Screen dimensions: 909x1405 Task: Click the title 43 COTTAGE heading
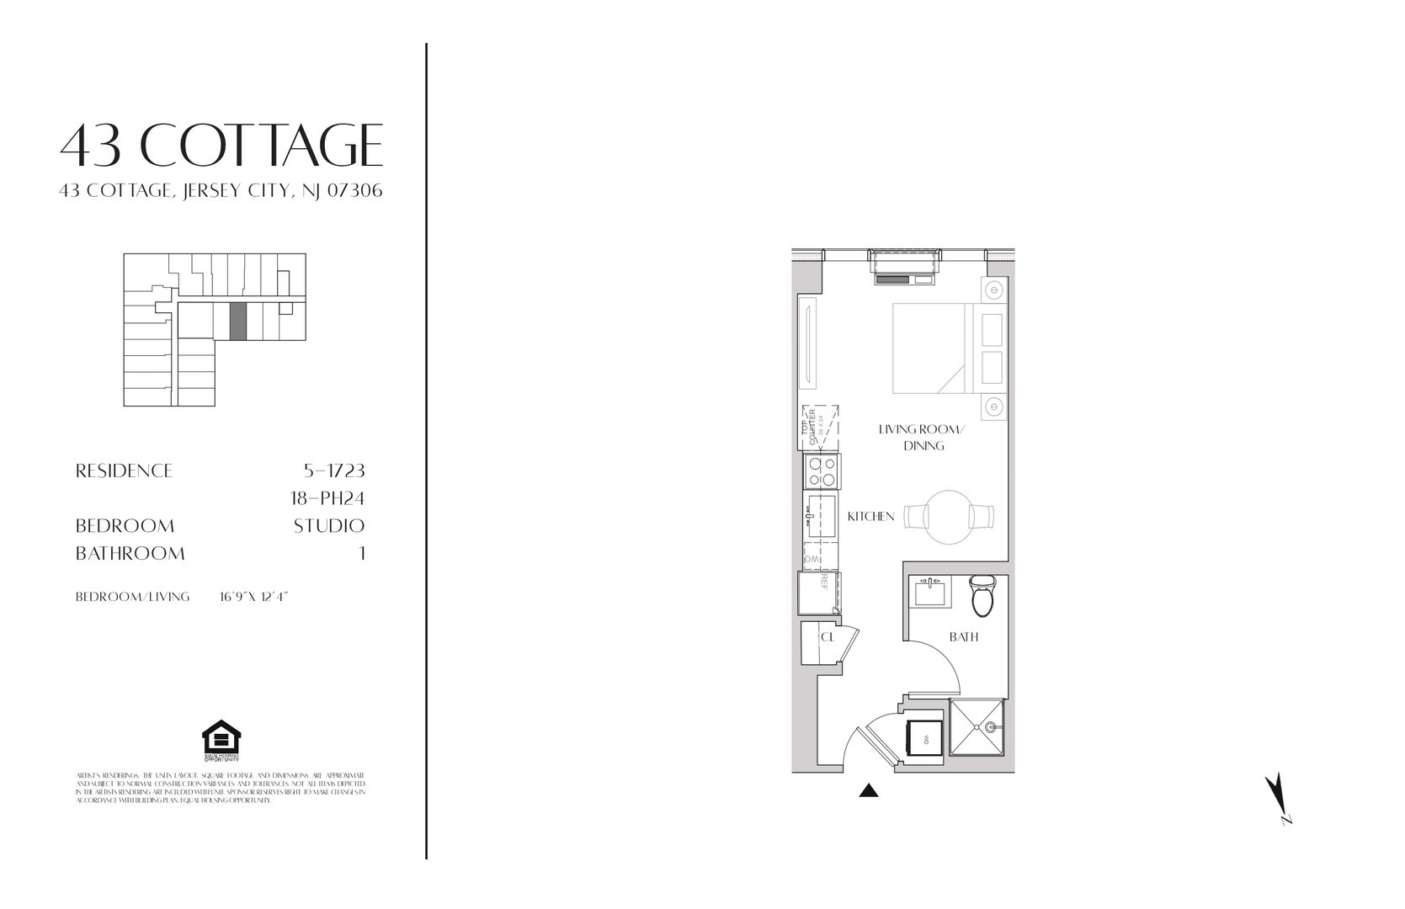pos(221,145)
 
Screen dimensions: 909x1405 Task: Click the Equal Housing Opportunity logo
pos(221,741)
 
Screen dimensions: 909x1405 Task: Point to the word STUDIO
pos(328,526)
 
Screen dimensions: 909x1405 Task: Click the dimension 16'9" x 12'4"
pos(253,597)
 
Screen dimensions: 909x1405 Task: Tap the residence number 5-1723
pos(333,470)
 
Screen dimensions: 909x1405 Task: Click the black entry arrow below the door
pos(868,790)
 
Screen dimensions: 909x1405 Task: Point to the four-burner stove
pos(822,471)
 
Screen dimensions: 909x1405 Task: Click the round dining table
pos(949,517)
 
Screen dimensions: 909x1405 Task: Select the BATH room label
pos(963,637)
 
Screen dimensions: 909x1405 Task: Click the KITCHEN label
pos(870,516)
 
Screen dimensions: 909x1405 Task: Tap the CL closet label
pos(828,637)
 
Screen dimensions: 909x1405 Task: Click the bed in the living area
pos(932,348)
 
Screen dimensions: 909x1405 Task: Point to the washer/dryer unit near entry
pos(923,741)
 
